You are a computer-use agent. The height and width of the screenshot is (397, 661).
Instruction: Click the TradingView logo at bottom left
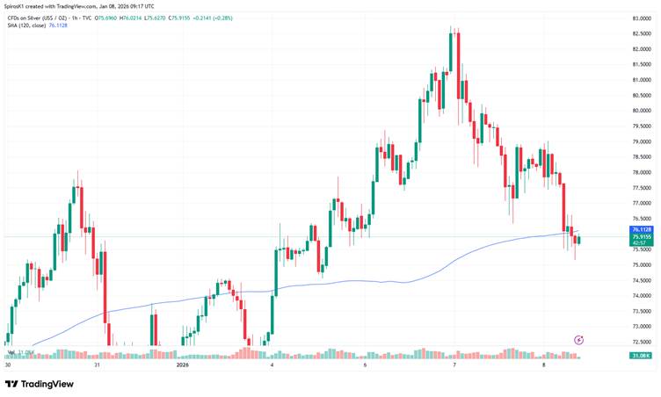[x=40, y=384]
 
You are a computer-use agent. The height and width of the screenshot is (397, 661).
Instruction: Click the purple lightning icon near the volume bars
[x=578, y=339]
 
